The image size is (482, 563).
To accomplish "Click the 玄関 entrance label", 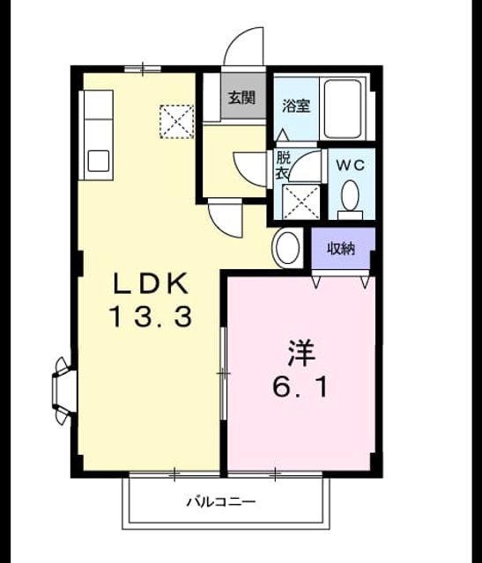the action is (x=242, y=97).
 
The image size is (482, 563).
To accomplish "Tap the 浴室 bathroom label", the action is (x=296, y=106).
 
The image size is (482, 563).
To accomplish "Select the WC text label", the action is (x=351, y=165).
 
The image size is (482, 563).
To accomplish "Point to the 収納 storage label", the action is (x=341, y=248).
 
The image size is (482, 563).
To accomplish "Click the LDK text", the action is (x=151, y=283).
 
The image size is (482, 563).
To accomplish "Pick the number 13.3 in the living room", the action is (x=151, y=316).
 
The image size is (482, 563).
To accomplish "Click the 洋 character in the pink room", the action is (x=301, y=353).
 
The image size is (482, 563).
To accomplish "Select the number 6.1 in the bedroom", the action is (x=300, y=387).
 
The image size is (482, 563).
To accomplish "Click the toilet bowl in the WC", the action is (x=351, y=195).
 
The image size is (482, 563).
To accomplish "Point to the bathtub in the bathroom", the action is (x=343, y=108).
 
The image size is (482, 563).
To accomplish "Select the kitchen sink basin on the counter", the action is (x=99, y=160).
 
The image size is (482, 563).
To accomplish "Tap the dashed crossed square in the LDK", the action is (x=176, y=121).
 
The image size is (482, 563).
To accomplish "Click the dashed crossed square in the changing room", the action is (x=301, y=201).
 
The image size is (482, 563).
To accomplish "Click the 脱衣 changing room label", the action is (x=282, y=165).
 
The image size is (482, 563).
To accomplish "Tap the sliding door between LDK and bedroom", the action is (x=223, y=373).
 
